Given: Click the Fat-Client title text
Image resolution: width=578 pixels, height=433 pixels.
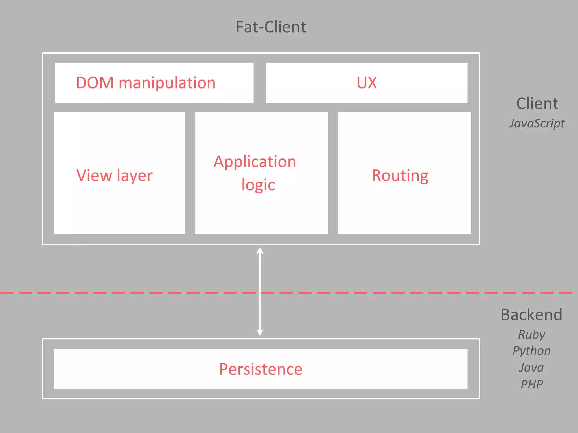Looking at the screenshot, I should tap(271, 27).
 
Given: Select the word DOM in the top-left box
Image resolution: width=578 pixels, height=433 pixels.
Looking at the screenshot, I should tap(95, 83).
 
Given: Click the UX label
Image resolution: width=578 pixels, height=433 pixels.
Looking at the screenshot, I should tap(367, 83).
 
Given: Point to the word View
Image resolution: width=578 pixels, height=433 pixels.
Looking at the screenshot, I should tap(94, 175).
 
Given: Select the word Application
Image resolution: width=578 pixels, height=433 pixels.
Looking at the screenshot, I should tap(255, 162).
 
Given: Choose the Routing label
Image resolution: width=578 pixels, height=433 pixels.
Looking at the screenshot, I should tap(400, 176).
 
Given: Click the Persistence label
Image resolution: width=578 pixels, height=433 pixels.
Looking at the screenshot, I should tap(261, 369).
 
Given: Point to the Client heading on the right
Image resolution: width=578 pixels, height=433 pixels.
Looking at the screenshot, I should tap(537, 103).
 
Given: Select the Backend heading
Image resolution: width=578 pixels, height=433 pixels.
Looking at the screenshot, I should tap(531, 315).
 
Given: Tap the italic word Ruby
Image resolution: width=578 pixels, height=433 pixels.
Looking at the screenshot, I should tap(532, 335).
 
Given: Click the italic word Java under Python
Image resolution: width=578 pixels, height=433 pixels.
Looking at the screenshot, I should tap(531, 368).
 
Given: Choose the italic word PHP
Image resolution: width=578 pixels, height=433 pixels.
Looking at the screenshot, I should tap(532, 384).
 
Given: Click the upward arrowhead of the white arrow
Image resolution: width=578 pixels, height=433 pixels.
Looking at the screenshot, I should tap(260, 250).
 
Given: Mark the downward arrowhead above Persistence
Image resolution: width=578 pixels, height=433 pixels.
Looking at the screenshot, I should tap(260, 332).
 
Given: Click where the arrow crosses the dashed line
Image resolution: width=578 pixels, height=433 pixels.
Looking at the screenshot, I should tap(260, 293).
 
